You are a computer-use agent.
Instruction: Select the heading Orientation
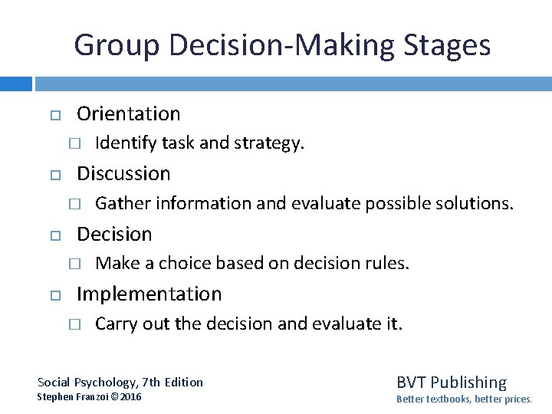(129, 114)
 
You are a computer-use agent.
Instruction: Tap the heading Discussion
(123, 174)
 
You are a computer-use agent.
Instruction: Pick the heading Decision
(114, 234)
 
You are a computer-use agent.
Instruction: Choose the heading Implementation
(149, 294)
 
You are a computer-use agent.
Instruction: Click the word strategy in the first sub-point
(274, 143)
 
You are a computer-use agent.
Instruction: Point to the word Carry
(116, 324)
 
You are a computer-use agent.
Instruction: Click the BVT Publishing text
(451, 383)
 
